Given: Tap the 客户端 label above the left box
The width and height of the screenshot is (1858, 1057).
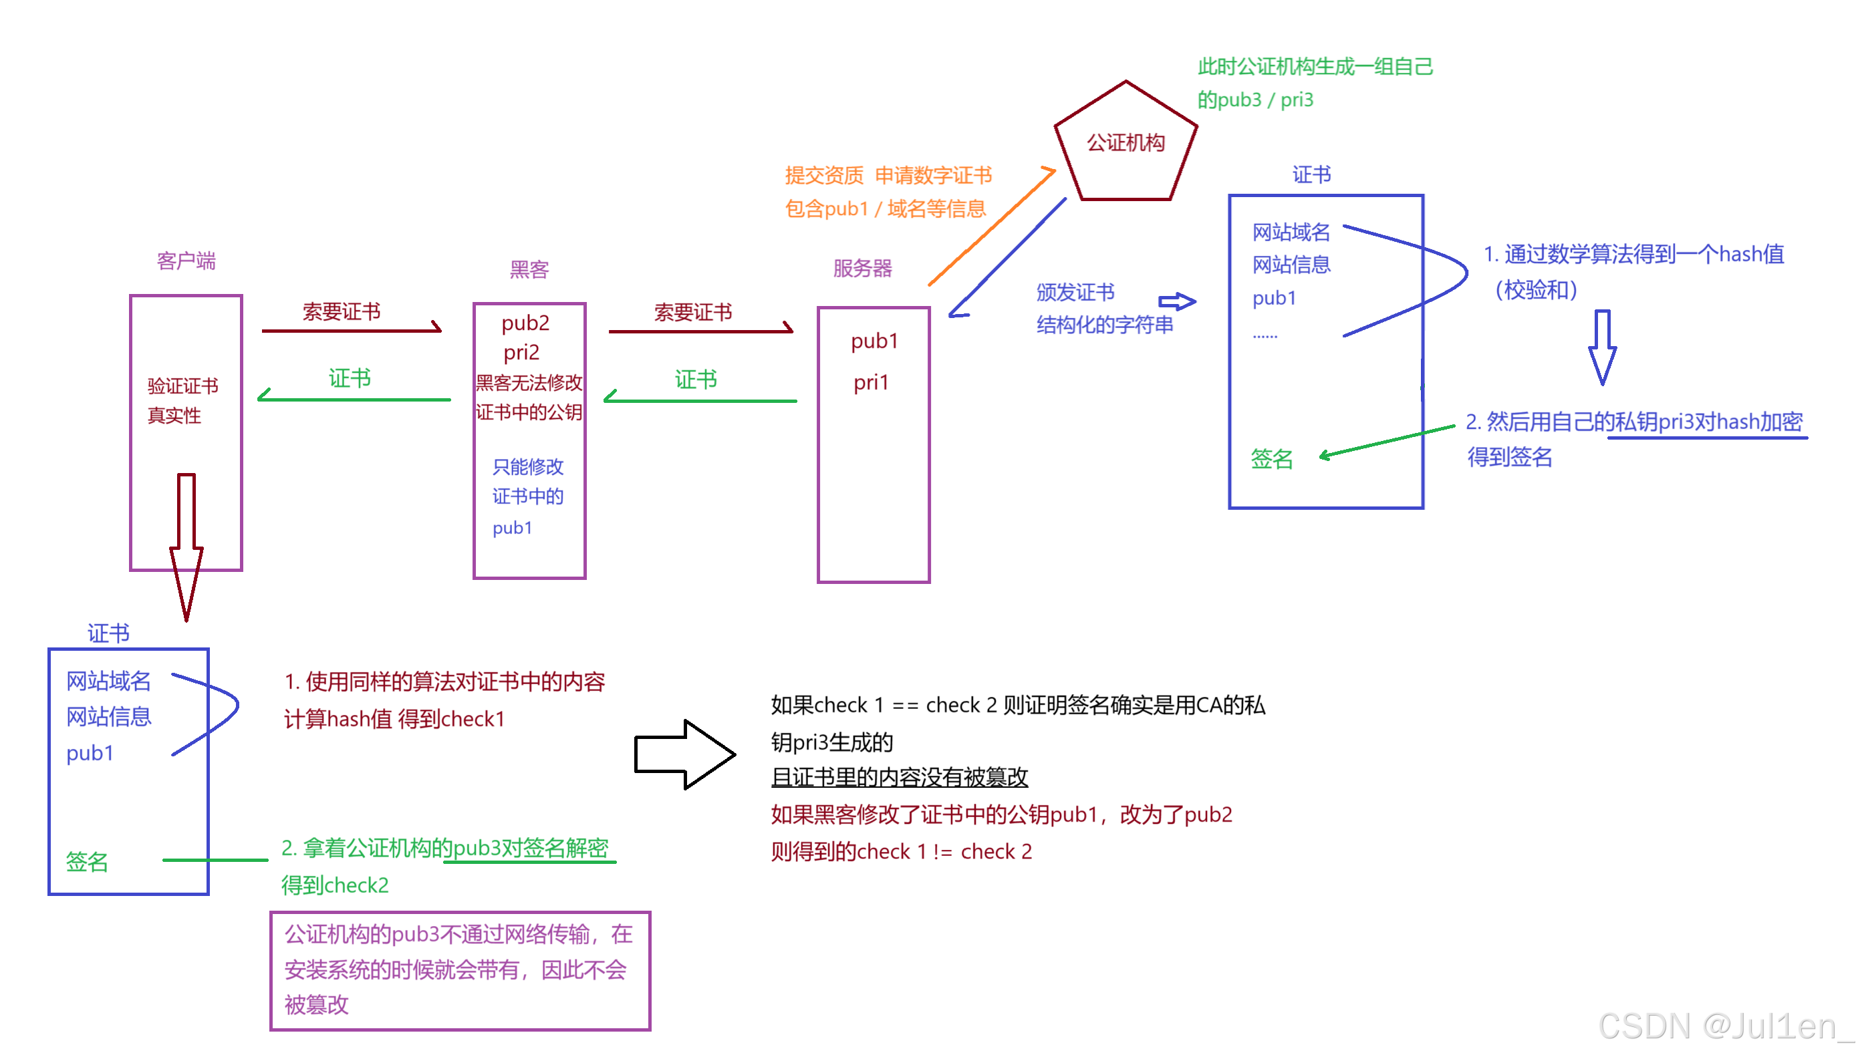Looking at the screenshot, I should click(x=186, y=261).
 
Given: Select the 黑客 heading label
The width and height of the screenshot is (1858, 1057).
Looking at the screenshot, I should click(x=529, y=270).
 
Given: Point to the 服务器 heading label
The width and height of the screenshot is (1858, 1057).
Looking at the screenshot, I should click(x=863, y=269).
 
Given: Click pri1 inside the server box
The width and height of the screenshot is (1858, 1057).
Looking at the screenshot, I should click(x=872, y=383).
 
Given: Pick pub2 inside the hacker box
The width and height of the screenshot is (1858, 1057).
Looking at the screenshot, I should click(x=526, y=322).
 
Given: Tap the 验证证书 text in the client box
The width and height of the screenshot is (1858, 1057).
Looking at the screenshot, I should click(x=183, y=386).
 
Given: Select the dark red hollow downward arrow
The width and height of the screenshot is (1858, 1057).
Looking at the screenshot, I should click(x=186, y=545).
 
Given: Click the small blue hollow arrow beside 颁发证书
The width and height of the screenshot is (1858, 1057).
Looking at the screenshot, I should click(x=1176, y=301).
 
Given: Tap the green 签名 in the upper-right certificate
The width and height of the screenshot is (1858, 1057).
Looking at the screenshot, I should click(x=1272, y=459).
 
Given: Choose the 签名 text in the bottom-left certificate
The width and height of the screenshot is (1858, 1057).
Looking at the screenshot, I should click(x=87, y=862).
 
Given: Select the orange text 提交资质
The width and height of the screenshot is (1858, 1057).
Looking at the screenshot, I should click(x=824, y=176).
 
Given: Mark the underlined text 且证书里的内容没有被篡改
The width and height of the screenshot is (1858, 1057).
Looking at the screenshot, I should click(x=899, y=778).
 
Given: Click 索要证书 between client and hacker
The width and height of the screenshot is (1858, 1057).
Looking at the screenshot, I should click(x=342, y=312).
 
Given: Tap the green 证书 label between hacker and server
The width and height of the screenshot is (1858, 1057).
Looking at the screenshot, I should click(x=696, y=379).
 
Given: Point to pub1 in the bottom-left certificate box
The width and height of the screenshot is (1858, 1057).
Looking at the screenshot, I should click(x=90, y=754).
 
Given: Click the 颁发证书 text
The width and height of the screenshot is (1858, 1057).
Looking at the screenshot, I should click(x=1075, y=293).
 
